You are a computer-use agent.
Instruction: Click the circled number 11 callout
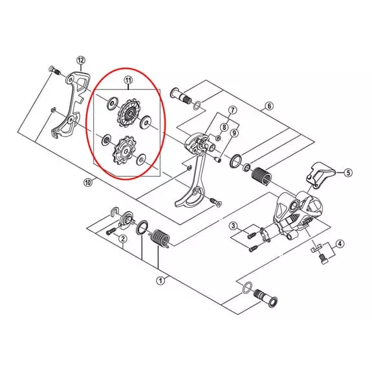(x=128, y=81)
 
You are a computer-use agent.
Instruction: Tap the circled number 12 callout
(x=81, y=60)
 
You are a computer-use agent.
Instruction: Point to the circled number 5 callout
(x=348, y=173)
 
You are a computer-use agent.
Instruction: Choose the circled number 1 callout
(x=160, y=281)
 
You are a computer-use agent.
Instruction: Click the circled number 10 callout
(x=88, y=182)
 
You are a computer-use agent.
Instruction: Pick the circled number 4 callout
(x=340, y=244)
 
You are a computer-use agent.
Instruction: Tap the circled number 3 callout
(x=233, y=226)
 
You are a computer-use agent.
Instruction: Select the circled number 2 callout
(x=123, y=239)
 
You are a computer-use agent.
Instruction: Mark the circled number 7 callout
(x=232, y=110)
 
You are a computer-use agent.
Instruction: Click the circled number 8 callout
(x=224, y=127)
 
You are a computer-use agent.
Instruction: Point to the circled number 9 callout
(x=234, y=133)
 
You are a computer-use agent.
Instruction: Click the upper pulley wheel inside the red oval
(x=129, y=114)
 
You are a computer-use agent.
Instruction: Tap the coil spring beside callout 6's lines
(x=262, y=176)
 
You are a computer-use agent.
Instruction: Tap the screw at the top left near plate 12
(x=54, y=70)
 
